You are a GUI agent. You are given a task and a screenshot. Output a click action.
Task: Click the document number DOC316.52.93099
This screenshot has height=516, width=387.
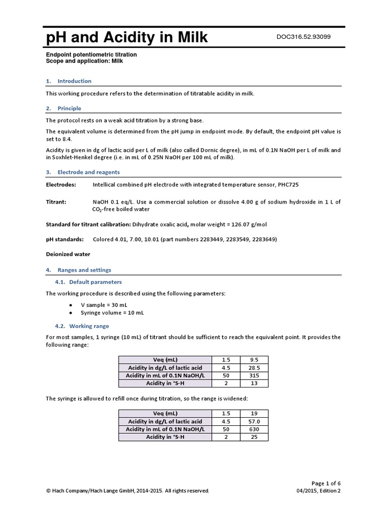point(304,37)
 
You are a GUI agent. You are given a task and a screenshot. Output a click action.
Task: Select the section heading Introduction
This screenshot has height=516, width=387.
point(74,81)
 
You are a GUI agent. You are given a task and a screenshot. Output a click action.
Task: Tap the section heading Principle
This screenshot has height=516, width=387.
point(69,108)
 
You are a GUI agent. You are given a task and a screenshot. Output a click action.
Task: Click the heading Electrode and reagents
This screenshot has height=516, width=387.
point(88,172)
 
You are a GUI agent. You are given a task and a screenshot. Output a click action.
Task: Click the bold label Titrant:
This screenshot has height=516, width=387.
point(56,202)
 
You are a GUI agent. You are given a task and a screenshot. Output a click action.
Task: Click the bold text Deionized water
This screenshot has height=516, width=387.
point(68,254)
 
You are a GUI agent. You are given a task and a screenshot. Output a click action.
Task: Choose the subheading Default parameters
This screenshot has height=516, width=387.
point(95,282)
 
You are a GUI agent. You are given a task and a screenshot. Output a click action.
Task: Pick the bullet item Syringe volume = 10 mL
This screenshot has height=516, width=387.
point(112,313)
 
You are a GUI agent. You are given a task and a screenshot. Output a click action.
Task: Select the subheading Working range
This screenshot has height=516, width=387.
point(89,326)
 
